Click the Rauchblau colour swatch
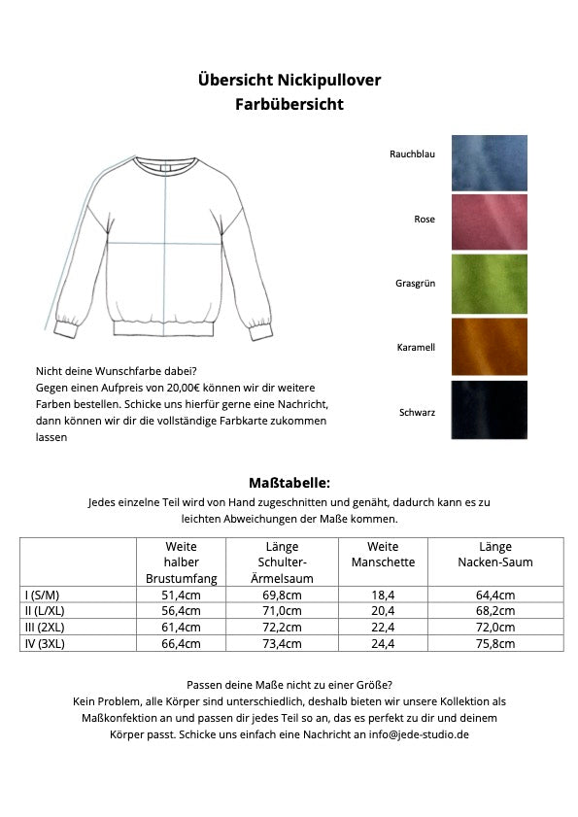tap(489, 162)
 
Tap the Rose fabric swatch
tap(489, 221)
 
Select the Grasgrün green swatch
tap(489, 284)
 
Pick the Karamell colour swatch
tap(489, 346)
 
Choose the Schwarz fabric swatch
tap(489, 409)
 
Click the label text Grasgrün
tap(415, 284)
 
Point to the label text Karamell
tap(416, 347)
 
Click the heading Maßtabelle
tap(289, 482)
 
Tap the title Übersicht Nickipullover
tap(289, 80)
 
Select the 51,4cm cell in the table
tap(181, 595)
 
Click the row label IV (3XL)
tap(45, 643)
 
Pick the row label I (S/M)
tap(42, 595)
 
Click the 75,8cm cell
tap(495, 643)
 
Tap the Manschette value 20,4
tap(383, 611)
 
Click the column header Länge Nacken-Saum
tap(495, 555)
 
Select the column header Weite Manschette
tap(383, 555)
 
